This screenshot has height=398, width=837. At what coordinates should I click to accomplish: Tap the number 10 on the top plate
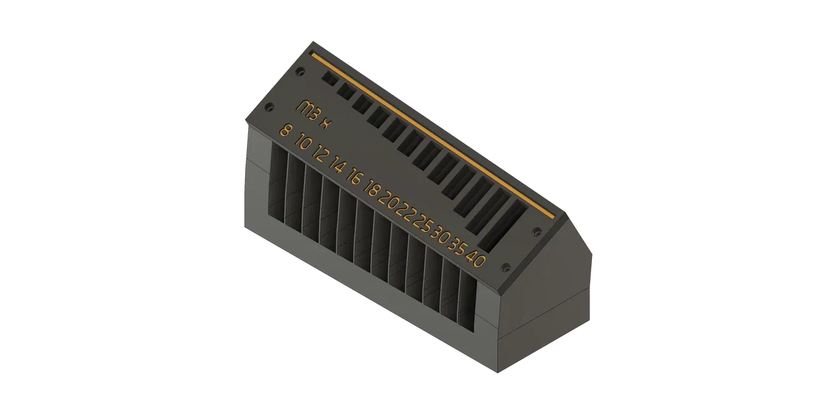click(304, 143)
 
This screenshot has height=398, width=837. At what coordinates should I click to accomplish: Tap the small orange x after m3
click(325, 123)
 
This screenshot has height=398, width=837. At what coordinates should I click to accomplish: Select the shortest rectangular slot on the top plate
click(330, 79)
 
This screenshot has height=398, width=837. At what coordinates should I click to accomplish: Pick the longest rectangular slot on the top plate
click(502, 226)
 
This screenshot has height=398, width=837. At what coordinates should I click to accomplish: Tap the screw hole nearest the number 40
click(507, 267)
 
